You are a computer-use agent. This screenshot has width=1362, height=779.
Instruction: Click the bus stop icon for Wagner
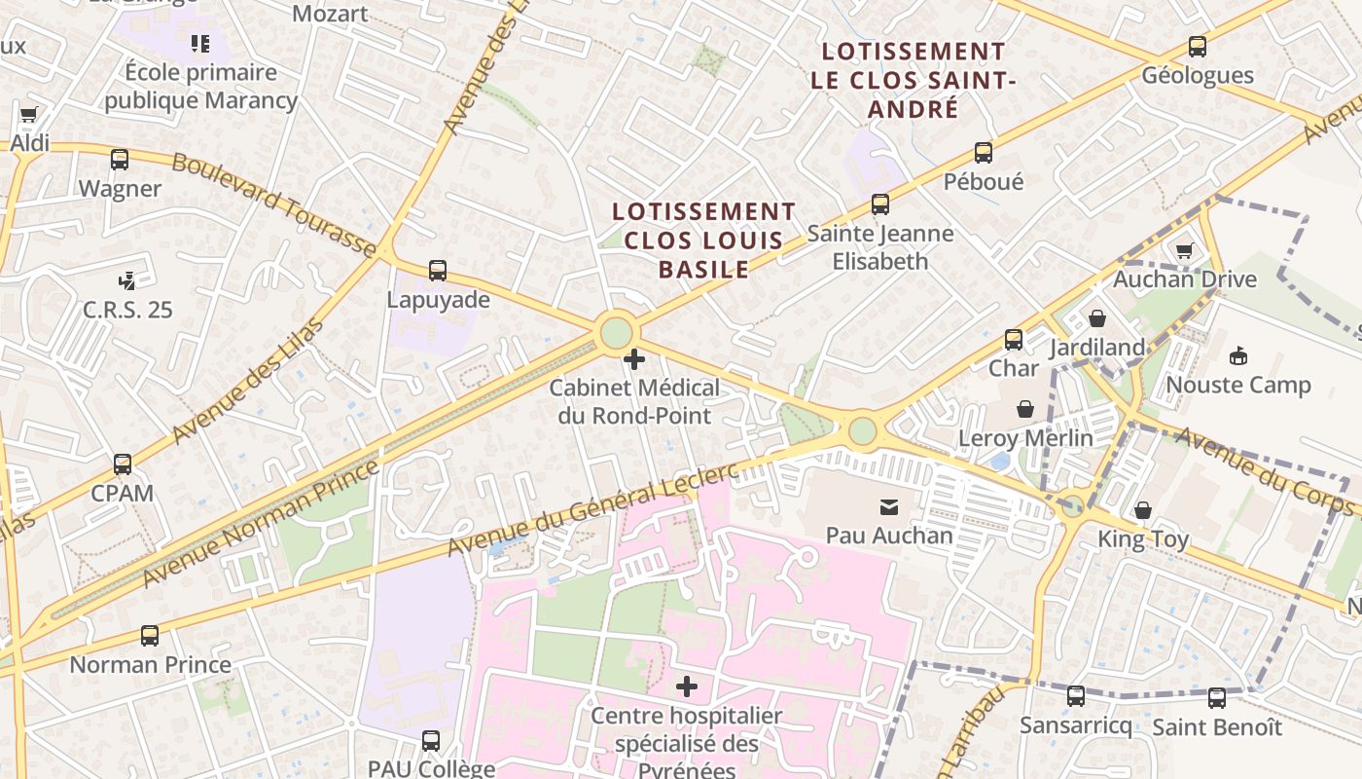click(x=120, y=160)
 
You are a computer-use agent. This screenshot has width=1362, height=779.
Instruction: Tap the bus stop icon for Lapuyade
click(x=438, y=271)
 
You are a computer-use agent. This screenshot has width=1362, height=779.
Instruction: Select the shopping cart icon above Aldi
click(x=28, y=115)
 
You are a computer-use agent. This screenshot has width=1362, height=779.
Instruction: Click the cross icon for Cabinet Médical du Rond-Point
click(x=634, y=359)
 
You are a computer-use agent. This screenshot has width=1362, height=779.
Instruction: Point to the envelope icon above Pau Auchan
click(x=889, y=506)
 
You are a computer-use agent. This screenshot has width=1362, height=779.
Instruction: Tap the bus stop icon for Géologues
click(x=1198, y=47)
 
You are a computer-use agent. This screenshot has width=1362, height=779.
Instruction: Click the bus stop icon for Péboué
click(x=984, y=153)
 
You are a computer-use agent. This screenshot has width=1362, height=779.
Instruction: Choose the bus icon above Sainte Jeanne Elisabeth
click(x=880, y=204)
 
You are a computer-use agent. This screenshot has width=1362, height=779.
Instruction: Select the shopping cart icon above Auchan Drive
click(x=1184, y=251)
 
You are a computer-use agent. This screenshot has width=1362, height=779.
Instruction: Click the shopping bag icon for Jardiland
click(x=1097, y=318)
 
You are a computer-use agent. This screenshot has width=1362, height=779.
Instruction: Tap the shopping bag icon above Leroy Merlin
click(x=1025, y=409)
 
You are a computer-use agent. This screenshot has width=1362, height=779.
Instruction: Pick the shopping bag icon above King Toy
click(x=1143, y=510)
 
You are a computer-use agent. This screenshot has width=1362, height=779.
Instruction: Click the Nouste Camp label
click(x=1238, y=385)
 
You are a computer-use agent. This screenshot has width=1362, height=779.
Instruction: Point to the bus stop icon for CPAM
click(x=123, y=464)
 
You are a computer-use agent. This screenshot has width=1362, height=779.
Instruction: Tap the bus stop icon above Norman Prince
click(x=150, y=636)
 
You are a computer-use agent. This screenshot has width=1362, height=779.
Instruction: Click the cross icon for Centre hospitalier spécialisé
click(x=687, y=686)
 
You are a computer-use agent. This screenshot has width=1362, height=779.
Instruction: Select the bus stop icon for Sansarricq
click(x=1076, y=696)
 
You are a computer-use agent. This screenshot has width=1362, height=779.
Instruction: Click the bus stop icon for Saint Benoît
click(x=1217, y=698)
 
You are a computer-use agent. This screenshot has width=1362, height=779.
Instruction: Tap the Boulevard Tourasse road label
click(x=274, y=205)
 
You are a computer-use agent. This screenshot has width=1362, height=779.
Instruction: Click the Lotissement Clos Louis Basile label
click(x=703, y=240)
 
